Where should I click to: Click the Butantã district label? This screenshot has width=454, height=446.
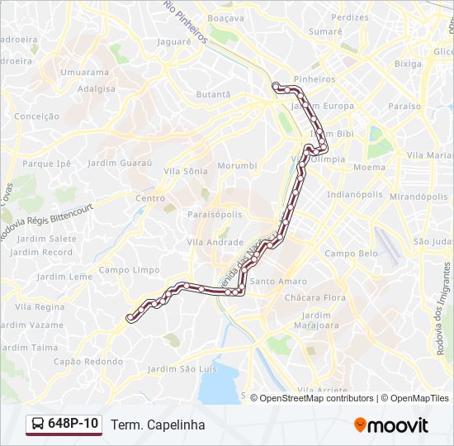coord(213,95)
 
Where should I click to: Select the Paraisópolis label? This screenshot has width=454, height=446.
coord(215,213)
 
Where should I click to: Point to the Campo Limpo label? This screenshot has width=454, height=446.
coord(129,270)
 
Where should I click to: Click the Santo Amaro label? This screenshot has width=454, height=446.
coord(278,282)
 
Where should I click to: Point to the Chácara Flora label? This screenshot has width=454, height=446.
coord(314,297)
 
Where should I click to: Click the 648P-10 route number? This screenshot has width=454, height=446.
coord(73,424)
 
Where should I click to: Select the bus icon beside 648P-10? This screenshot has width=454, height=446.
coord(38,425)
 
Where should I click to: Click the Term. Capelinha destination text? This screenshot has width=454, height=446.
coord(157,425)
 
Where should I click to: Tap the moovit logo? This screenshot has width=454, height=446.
coord(391,425)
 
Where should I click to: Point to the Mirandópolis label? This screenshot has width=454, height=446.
coord(419,197)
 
